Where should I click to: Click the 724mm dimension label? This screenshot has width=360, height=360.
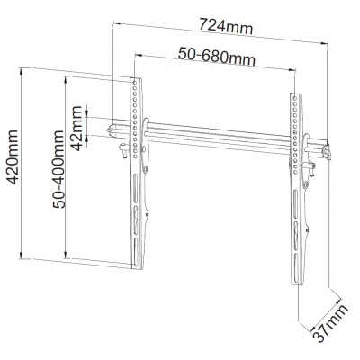227,26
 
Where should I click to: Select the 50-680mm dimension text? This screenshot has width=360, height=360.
217,57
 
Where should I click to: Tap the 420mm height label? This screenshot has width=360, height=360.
13,157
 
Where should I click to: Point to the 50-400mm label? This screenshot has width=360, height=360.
58,169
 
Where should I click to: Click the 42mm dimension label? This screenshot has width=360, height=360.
76,129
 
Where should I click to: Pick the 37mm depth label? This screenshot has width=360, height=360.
330,323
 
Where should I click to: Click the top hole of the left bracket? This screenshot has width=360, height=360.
135,82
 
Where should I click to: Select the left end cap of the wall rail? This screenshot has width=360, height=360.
111,130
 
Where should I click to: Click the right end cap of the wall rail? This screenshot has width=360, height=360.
327,152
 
